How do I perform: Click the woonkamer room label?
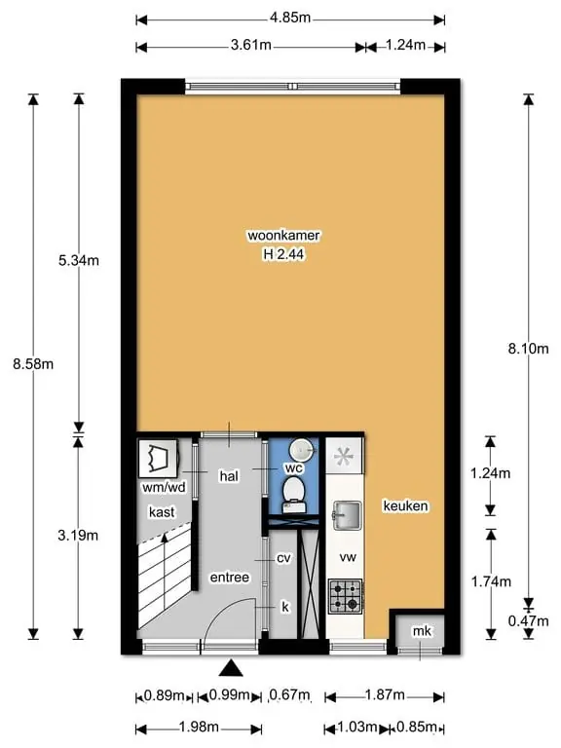283,235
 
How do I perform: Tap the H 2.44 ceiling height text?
283,254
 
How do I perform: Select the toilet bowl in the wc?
293,495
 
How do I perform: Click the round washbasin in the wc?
301,449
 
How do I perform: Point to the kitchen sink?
347,515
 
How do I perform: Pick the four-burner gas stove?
345,596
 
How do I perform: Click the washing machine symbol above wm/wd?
158,458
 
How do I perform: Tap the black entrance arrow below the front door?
231,668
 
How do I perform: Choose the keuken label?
405,505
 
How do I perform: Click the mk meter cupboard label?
422,631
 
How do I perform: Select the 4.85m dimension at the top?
290,19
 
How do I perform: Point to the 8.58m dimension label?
33,364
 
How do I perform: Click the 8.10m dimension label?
528,349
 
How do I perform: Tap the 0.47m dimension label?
528,620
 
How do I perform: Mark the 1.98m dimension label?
199,727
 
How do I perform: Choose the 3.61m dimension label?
251,45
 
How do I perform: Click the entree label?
230,578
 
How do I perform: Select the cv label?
283,558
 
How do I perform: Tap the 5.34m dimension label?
79,260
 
